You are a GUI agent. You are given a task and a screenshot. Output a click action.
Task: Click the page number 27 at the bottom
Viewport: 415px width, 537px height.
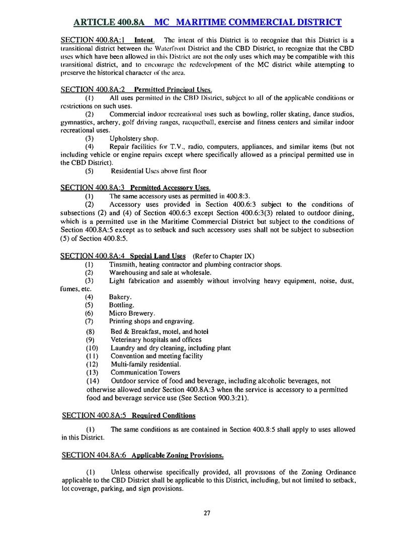pyautogui.click(x=207, y=513)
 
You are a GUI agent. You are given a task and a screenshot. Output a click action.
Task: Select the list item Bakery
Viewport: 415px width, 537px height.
pyautogui.click(x=120, y=297)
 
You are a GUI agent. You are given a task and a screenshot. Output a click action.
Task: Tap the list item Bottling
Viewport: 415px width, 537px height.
pyautogui.click(x=121, y=305)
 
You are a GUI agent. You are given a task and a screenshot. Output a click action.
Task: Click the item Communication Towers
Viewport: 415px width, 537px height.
pyautogui.click(x=145, y=372)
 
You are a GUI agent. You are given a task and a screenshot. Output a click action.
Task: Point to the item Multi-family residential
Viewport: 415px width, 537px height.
pyautogui.click(x=145, y=364)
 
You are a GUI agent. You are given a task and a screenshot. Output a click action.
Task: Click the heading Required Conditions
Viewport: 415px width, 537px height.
pyautogui.click(x=163, y=415)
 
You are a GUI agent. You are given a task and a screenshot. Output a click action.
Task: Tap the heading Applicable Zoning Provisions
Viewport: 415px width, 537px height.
pyautogui.click(x=177, y=456)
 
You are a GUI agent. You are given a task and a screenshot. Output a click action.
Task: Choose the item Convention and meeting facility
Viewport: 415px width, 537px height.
pyautogui.click(x=156, y=356)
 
